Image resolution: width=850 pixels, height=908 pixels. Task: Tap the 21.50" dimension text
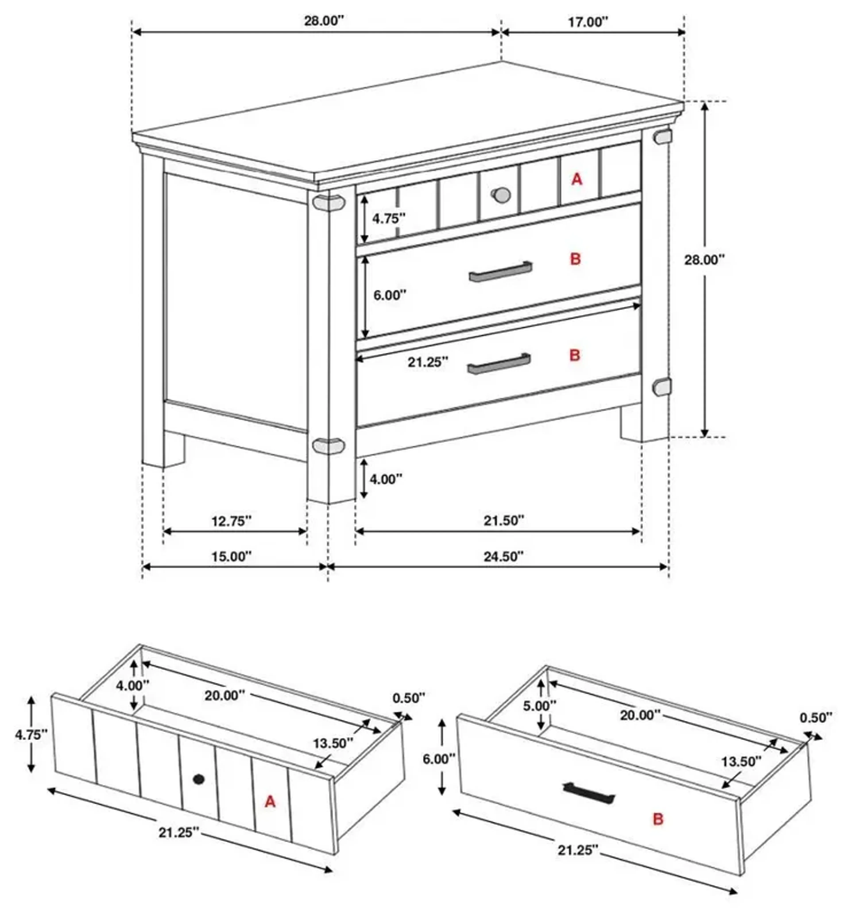pos(504,520)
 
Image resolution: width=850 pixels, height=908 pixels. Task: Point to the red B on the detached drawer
pos(658,819)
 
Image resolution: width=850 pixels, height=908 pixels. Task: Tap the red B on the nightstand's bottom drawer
pos(574,355)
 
